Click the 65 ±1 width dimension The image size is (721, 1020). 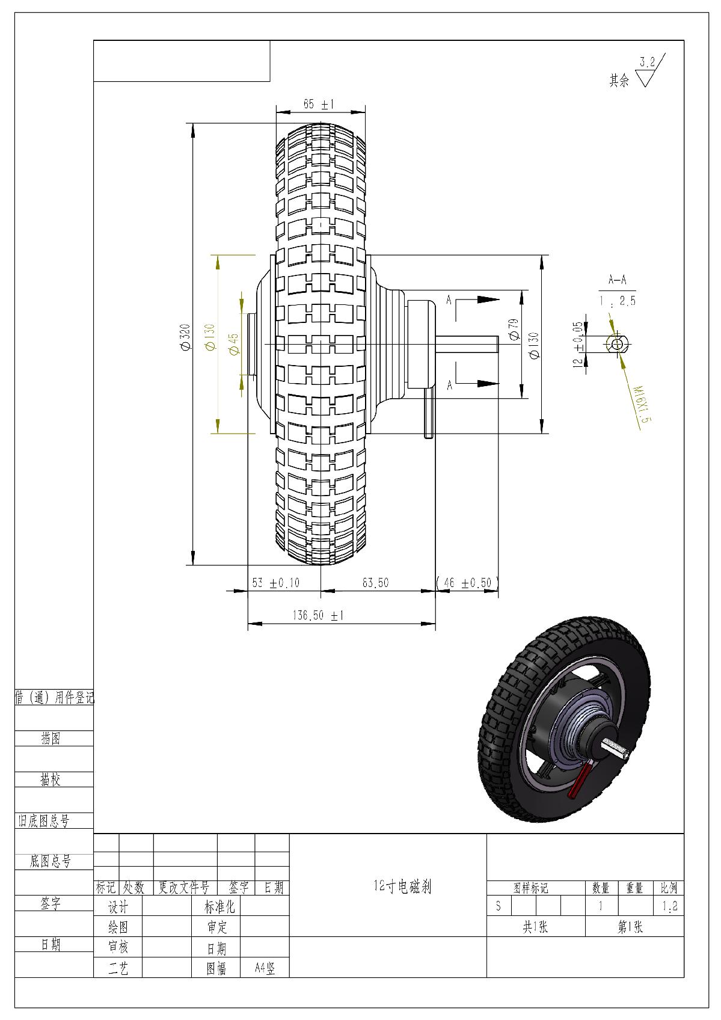point(319,104)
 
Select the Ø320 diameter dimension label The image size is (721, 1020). point(185,337)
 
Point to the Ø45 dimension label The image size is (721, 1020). point(233,344)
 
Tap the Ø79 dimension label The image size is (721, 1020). point(514,329)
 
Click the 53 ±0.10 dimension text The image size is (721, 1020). point(276,583)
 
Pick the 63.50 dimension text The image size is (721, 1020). point(375,583)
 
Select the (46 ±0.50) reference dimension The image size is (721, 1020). point(467,583)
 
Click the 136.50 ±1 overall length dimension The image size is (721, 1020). point(318,616)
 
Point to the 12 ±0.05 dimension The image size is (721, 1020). point(578,345)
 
